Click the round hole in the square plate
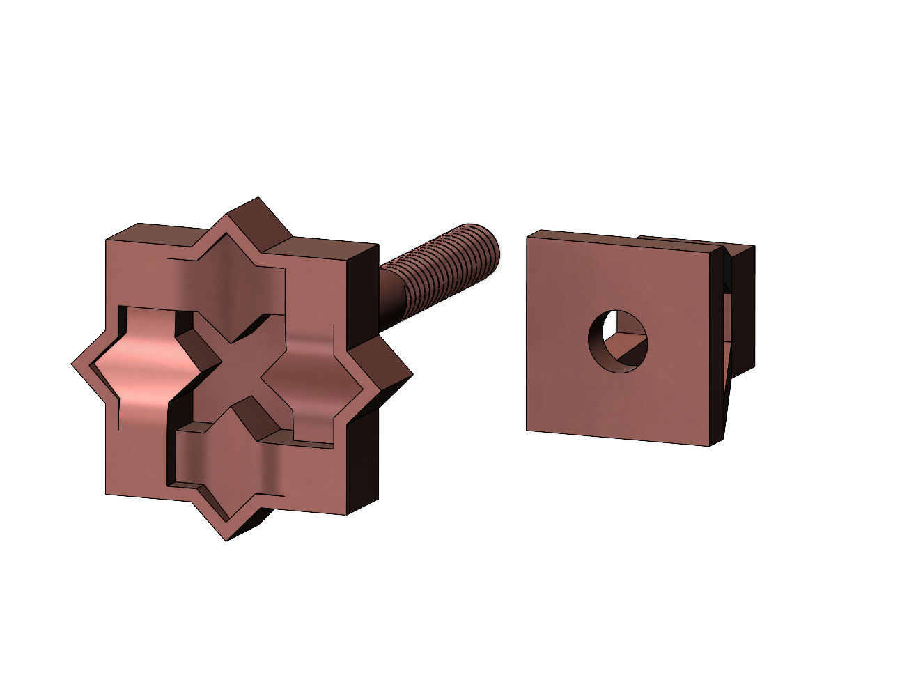(619, 341)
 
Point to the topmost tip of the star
(259, 199)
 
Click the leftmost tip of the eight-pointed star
(74, 364)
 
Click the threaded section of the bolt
(446, 261)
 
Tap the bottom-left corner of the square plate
(527, 430)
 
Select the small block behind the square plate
(742, 307)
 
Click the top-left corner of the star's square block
(107, 241)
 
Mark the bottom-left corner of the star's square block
(107, 495)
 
